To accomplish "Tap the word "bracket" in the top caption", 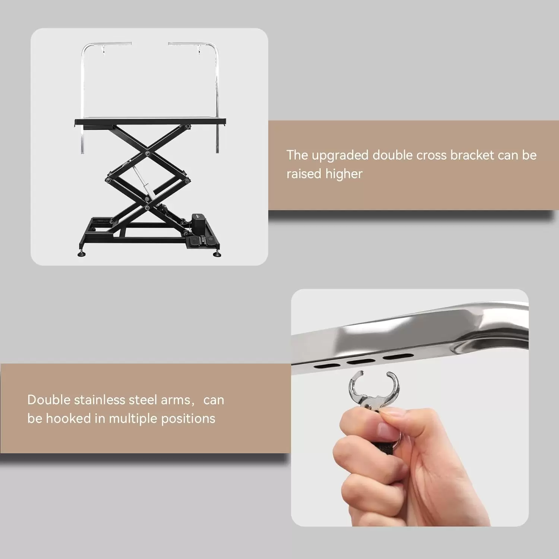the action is tap(472, 155).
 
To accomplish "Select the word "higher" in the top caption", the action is tap(344, 174).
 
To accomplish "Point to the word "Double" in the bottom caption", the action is tap(49, 400).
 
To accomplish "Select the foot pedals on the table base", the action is tap(202, 241).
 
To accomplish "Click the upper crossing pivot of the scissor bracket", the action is tap(148, 153).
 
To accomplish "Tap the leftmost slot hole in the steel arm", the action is tap(327, 366).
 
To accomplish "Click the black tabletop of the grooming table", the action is tap(150, 121).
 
